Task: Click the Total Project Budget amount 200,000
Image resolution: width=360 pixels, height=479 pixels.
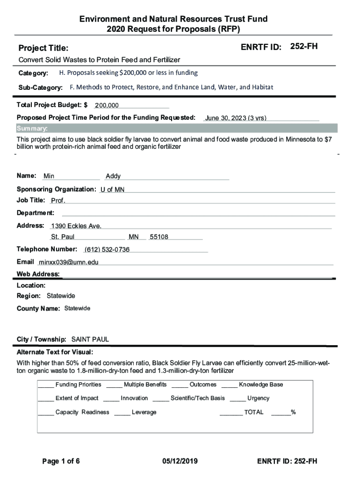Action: click(x=107, y=106)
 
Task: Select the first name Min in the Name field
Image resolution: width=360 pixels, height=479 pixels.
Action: click(x=49, y=176)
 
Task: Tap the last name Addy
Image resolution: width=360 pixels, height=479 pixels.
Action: click(x=113, y=176)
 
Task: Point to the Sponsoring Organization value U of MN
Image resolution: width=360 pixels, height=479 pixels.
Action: click(x=112, y=189)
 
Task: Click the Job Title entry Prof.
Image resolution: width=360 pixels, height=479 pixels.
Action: click(x=58, y=201)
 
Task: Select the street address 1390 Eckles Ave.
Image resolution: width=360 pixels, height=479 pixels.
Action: click(x=76, y=226)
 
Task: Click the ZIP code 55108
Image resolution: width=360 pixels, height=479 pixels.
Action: click(x=159, y=237)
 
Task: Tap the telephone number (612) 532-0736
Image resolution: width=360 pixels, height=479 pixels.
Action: click(x=107, y=250)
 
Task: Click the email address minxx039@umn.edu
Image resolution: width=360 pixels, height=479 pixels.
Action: click(x=69, y=262)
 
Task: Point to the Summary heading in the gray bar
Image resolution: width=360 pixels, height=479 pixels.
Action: click(x=32, y=129)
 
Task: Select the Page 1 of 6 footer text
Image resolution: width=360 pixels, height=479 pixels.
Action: click(x=61, y=462)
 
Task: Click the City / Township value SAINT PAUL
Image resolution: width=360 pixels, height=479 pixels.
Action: click(x=90, y=339)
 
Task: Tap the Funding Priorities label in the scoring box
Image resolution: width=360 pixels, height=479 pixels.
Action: click(x=78, y=385)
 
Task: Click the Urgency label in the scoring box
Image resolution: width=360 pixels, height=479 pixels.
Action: click(x=258, y=399)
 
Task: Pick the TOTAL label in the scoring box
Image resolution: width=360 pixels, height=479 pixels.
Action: click(x=254, y=413)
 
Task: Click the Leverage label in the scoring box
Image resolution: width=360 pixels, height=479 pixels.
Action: click(x=144, y=413)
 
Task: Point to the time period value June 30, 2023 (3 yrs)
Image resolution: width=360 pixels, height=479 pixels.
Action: click(x=236, y=118)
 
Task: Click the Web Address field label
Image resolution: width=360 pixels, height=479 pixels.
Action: click(x=38, y=274)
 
